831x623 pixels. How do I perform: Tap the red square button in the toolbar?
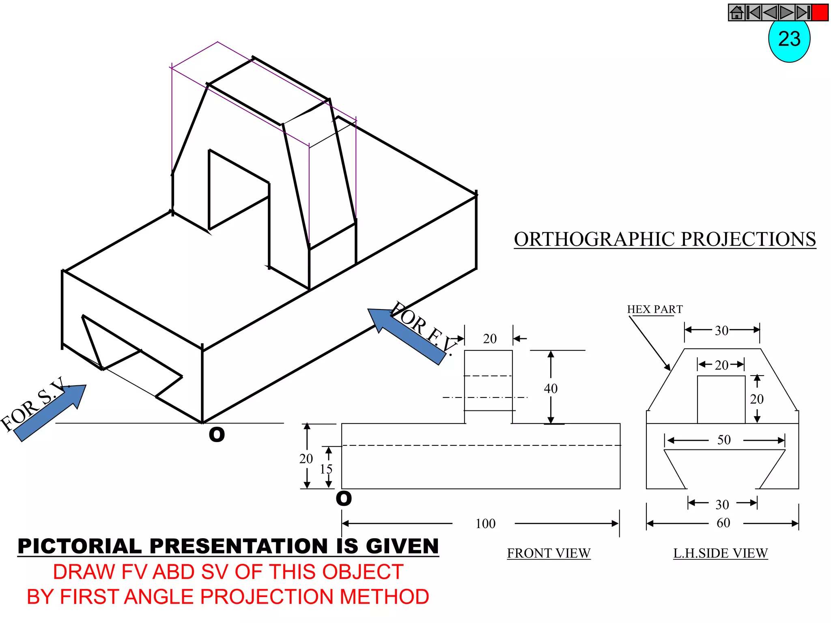820,13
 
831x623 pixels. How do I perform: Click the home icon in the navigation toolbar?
736,13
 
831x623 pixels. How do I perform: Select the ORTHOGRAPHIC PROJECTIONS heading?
665,239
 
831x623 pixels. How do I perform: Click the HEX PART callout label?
654,309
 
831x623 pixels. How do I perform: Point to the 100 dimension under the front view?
485,524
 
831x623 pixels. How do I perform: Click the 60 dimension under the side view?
723,523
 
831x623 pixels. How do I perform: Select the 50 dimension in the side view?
724,440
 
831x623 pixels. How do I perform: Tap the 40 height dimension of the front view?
551,389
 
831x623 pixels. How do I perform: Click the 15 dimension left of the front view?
326,469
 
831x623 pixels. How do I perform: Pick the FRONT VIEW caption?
549,553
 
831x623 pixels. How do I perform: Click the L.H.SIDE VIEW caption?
720,553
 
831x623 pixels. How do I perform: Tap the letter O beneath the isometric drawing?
217,435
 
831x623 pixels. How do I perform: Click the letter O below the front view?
344,498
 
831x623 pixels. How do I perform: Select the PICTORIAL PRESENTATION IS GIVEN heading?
228,546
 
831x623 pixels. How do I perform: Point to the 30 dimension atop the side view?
721,331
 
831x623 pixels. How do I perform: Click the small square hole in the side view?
721,400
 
